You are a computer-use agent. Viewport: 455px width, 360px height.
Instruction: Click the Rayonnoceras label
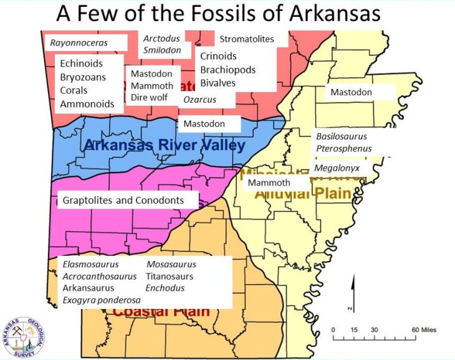79,43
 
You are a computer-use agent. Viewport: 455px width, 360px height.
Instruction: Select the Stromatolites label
247,39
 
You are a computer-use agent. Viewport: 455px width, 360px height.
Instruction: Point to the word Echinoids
82,64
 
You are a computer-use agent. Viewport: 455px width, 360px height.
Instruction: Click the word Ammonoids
87,104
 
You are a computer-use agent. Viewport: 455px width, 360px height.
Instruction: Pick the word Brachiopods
228,70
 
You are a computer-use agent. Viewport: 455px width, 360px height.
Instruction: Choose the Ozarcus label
200,99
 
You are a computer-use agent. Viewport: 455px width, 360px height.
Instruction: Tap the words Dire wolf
150,97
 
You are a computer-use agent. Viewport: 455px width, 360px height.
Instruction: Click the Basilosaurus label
342,136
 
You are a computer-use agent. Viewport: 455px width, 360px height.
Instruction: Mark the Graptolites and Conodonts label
123,201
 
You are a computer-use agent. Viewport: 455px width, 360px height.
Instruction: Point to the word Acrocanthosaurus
100,276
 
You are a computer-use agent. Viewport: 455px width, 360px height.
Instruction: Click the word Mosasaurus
171,264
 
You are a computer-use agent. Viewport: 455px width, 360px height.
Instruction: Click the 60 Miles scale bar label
423,329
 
